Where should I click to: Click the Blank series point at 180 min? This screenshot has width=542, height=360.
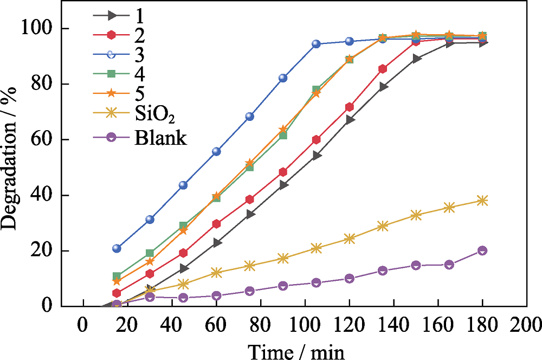pyautogui.click(x=482, y=250)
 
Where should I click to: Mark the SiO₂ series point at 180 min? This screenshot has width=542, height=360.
pyautogui.click(x=482, y=201)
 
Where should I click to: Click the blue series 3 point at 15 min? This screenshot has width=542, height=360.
pyautogui.click(x=117, y=248)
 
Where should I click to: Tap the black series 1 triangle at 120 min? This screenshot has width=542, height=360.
pyautogui.click(x=350, y=120)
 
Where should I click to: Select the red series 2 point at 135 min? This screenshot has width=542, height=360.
pyautogui.click(x=383, y=69)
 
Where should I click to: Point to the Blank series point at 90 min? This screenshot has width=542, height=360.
pyautogui.click(x=283, y=286)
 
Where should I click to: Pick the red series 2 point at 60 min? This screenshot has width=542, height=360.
pyautogui.click(x=216, y=224)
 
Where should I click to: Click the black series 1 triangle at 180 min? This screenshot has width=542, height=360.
pyautogui.click(x=482, y=42)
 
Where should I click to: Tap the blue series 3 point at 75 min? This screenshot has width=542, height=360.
pyautogui.click(x=250, y=117)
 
